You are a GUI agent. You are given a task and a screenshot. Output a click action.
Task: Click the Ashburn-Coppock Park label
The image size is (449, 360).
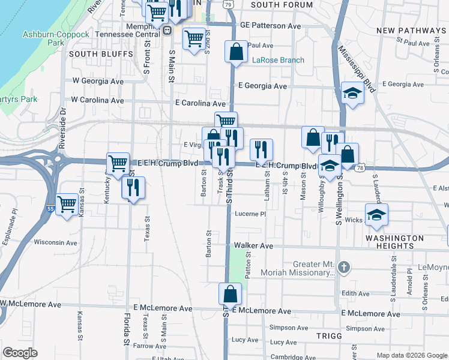tap(56, 38)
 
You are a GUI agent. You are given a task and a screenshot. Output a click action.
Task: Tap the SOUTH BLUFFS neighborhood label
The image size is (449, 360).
tap(101, 54)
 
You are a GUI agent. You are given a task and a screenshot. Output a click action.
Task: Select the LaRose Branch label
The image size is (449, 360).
tap(278, 60)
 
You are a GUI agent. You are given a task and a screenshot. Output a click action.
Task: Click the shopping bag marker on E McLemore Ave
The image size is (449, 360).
tap(229, 295)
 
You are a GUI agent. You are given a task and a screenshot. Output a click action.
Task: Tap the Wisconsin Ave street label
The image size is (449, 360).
tap(56, 243)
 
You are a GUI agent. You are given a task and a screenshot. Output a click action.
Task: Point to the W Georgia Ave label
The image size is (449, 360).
tap(98, 82)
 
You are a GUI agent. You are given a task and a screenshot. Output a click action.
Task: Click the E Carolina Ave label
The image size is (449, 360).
tap(200, 103)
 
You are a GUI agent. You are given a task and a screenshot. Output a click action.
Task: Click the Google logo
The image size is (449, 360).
tap(20, 353)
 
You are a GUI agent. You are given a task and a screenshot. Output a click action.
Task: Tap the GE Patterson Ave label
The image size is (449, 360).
tap(270, 26)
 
